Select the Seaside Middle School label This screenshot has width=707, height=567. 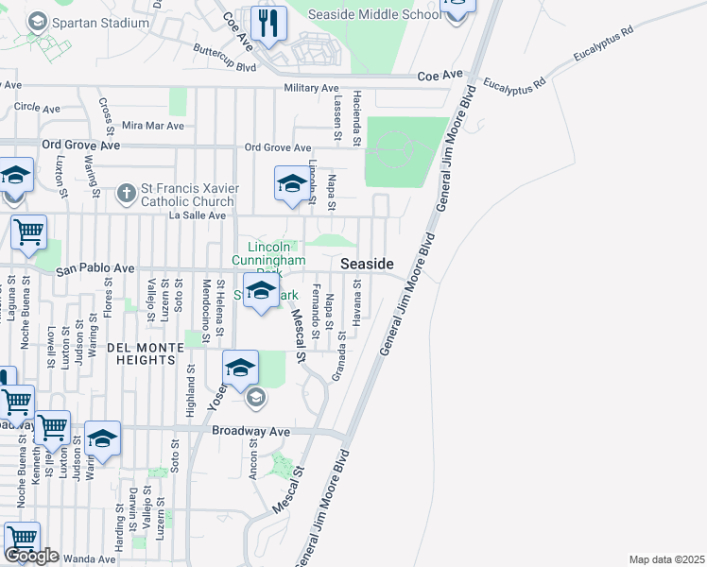click(x=375, y=14)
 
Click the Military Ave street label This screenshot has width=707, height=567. click(x=311, y=88)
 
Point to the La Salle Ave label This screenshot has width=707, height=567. click(x=197, y=215)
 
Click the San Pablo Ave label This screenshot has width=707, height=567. click(x=95, y=269)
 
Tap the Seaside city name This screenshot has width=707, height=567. click(x=367, y=264)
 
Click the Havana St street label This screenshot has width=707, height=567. click(x=357, y=312)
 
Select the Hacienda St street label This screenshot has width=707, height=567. click(x=357, y=117)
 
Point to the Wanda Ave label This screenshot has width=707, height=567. click(x=91, y=559)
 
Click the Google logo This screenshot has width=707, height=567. click(x=31, y=556)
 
